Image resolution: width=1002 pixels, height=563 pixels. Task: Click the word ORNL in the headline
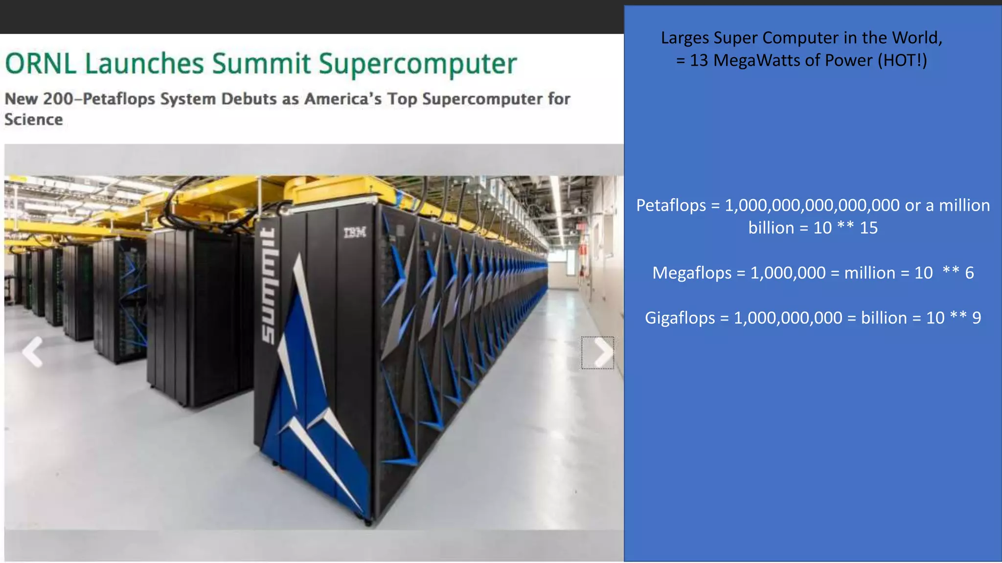(x=41, y=64)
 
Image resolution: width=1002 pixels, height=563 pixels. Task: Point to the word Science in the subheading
(x=34, y=120)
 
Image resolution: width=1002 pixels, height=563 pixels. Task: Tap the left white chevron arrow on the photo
(x=33, y=352)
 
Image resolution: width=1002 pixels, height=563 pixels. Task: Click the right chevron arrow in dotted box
(x=598, y=352)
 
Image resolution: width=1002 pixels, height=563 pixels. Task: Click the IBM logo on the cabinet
(x=355, y=232)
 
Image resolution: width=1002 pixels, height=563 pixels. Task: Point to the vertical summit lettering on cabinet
(x=268, y=286)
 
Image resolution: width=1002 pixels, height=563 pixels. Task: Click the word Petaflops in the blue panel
(x=671, y=205)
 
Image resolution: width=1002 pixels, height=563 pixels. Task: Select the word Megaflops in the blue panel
(x=691, y=273)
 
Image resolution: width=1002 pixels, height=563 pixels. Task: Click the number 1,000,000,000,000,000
(x=812, y=205)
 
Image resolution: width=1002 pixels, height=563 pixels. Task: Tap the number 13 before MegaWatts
(x=699, y=61)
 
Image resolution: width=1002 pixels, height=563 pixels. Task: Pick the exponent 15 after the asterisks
(x=868, y=228)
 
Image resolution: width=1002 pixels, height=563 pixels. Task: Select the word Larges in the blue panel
(x=684, y=38)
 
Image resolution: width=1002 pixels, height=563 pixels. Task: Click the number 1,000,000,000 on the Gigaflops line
(x=788, y=318)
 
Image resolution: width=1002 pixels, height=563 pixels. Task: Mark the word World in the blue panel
(x=917, y=38)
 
